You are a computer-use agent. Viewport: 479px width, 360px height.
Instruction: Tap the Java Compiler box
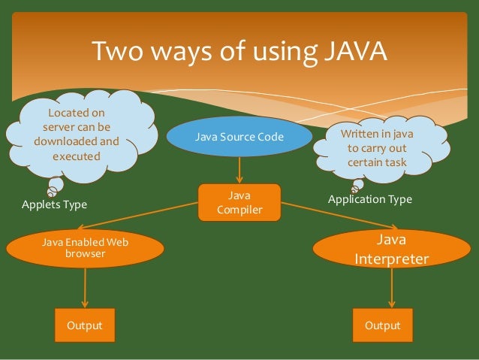point(239,202)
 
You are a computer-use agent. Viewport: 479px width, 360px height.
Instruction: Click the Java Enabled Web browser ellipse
point(85,249)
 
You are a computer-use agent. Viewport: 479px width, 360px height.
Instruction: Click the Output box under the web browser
point(85,325)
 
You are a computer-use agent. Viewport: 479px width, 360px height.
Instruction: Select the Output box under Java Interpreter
point(382,325)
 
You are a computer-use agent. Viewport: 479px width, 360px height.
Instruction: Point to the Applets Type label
point(54,204)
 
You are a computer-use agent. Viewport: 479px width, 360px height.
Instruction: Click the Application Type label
point(370,200)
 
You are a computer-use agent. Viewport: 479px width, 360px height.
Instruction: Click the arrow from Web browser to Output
point(85,287)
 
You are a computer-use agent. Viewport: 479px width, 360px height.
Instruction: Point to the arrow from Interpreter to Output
point(390,287)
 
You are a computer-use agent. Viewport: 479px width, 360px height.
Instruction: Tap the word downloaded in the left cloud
point(66,141)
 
